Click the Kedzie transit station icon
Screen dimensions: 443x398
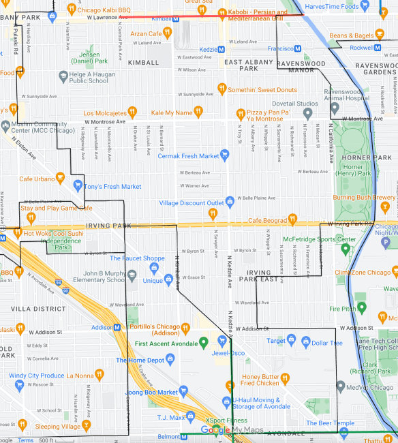(x=221, y=48)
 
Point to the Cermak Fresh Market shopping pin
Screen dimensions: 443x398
(x=224, y=155)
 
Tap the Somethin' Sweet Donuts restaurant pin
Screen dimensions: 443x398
(x=221, y=89)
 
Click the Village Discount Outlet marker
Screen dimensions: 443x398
(x=230, y=202)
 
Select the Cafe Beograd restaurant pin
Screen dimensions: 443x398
(x=292, y=219)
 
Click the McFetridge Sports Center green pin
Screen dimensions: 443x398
(x=346, y=248)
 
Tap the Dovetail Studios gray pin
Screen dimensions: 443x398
(x=307, y=112)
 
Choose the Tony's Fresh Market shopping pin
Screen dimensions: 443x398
(x=78, y=185)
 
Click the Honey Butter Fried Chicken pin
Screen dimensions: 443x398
(x=285, y=378)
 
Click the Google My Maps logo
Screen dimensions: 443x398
(x=226, y=430)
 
